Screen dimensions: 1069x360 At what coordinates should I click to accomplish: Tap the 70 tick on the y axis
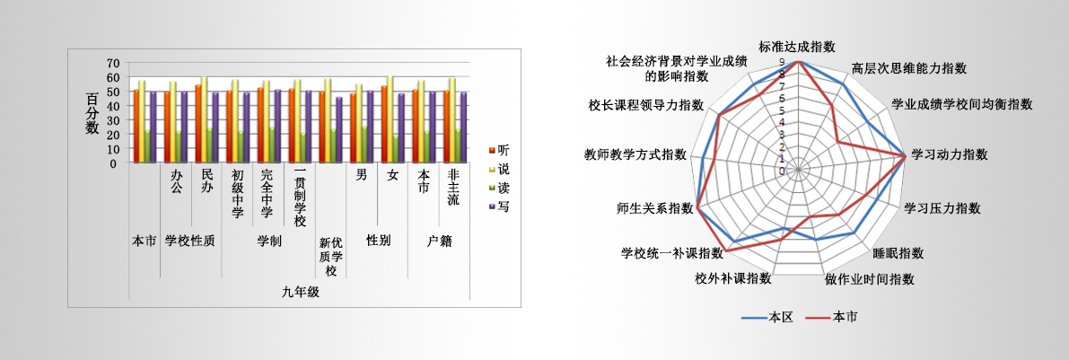(x=112, y=63)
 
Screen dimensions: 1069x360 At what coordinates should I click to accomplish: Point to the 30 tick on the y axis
(x=112, y=120)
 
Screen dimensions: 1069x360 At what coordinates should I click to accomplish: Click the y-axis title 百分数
(x=92, y=112)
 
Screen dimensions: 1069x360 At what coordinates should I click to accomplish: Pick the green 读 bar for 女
(x=397, y=149)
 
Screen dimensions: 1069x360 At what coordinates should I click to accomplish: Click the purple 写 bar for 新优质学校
(x=338, y=130)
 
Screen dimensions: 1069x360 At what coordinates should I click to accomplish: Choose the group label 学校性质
(x=190, y=241)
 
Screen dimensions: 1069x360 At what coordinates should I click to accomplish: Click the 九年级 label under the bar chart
(x=301, y=292)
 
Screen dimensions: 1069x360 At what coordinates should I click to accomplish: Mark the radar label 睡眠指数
(x=898, y=253)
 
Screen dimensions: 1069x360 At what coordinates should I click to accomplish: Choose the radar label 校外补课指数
(x=733, y=278)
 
